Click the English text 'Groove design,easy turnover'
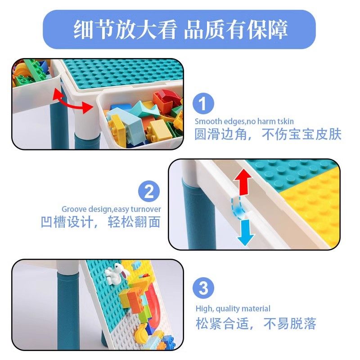(111, 209)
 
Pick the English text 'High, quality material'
(233, 308)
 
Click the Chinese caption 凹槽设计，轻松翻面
(100, 222)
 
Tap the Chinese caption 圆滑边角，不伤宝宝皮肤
(268, 134)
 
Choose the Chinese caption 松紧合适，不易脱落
(256, 323)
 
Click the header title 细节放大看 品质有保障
(180, 30)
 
